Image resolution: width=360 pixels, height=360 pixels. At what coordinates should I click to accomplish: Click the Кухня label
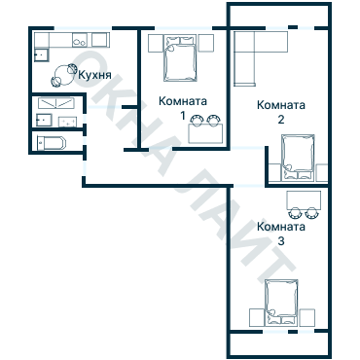point(95,76)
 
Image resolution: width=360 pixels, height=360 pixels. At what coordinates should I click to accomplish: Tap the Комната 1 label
point(183,108)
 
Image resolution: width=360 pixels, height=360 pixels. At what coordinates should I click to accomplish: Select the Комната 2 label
point(281,112)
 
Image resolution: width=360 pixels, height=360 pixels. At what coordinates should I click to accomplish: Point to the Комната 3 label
point(281,234)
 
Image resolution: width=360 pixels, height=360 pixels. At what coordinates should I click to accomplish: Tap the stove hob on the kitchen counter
point(80,40)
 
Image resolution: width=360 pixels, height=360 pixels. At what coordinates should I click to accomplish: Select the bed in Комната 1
point(180,57)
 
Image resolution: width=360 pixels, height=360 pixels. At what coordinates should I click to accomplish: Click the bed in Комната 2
point(298,158)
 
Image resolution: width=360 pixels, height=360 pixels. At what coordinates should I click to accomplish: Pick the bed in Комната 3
point(281,303)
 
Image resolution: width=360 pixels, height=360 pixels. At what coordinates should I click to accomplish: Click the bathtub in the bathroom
point(52,143)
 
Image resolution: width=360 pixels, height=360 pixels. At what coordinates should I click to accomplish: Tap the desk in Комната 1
point(205,133)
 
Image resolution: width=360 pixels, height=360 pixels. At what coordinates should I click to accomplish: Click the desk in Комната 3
point(304,200)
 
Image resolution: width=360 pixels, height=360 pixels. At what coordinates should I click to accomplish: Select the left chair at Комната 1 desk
point(197,121)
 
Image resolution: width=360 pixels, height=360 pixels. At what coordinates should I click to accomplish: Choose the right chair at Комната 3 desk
point(312,213)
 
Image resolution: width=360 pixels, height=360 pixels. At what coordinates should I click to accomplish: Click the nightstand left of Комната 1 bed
point(156,43)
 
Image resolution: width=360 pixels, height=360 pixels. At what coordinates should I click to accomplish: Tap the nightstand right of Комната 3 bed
point(307,317)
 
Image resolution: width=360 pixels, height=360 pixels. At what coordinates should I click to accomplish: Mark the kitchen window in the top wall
point(83,28)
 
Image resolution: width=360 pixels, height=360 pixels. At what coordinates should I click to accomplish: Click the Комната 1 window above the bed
point(184,28)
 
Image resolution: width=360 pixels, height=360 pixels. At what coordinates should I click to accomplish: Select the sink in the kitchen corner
point(42,54)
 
